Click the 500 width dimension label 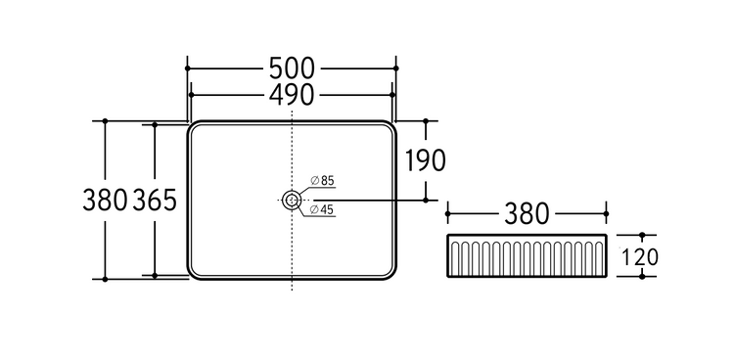pos(292,68)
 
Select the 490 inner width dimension pos(292,95)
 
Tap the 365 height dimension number pos(155,200)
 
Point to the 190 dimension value pos(425,160)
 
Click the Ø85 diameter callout pos(323,181)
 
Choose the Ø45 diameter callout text pos(322,210)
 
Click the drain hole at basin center pos(292,201)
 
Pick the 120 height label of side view pos(639,256)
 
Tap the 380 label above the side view pos(527,214)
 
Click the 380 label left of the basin pos(105,200)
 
